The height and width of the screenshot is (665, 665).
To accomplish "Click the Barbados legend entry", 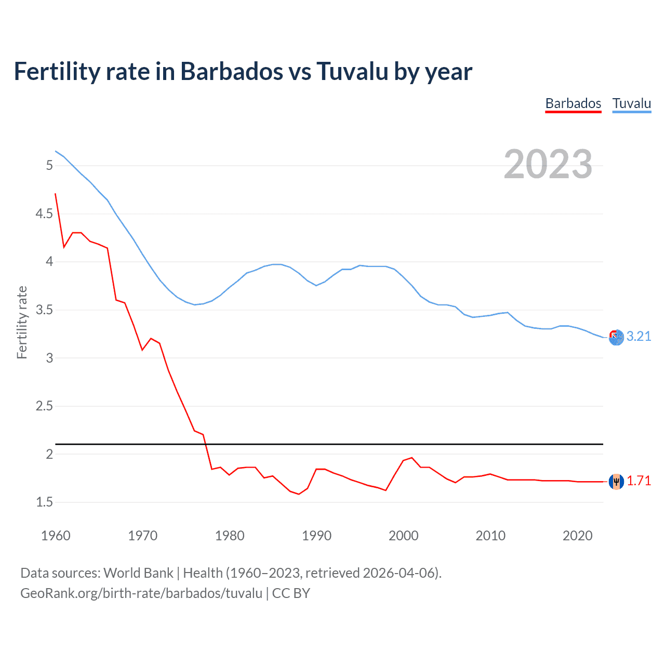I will [x=573, y=103].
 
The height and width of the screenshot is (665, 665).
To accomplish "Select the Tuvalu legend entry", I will [x=631, y=103].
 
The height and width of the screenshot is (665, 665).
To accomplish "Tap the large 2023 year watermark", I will [x=548, y=164].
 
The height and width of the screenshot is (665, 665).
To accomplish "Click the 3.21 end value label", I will [x=639, y=336].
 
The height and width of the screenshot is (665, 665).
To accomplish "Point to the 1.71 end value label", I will [x=639, y=481].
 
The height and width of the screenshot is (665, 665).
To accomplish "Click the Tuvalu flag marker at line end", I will [x=616, y=338].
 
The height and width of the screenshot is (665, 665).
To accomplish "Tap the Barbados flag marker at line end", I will [x=616, y=482].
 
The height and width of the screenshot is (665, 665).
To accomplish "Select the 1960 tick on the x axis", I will [x=56, y=536].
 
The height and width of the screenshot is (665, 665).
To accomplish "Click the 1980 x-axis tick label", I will [x=230, y=536].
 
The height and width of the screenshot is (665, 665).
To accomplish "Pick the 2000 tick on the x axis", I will [x=404, y=536].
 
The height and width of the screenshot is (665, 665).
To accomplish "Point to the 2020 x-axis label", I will [x=577, y=536].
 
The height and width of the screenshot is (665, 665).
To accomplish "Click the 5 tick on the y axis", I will [x=50, y=165].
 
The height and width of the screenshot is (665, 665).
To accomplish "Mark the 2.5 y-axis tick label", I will [x=45, y=406].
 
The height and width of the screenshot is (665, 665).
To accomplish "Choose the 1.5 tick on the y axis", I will [x=45, y=502].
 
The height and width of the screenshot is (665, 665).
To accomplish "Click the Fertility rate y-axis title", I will [x=22, y=322].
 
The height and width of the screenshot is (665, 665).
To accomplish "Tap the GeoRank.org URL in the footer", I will [x=141, y=593].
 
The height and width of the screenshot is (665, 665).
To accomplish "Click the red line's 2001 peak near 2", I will [x=412, y=458].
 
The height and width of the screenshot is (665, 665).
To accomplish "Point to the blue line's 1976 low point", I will [x=195, y=304].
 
